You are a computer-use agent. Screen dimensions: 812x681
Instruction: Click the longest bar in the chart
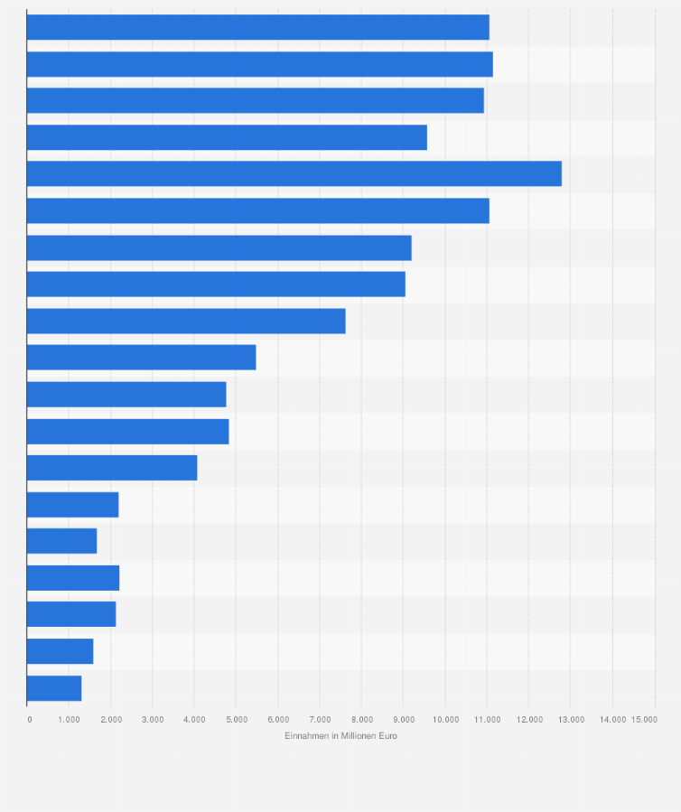pyautogui.click(x=294, y=173)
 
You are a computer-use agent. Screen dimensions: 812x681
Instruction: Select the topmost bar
pyautogui.click(x=257, y=27)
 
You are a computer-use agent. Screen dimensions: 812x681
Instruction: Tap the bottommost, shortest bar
pyautogui.click(x=54, y=688)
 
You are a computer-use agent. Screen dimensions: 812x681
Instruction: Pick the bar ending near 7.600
pyautogui.click(x=186, y=321)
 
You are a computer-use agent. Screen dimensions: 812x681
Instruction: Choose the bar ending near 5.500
pyautogui.click(x=141, y=358)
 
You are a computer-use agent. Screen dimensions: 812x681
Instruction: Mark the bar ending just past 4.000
pyautogui.click(x=112, y=468)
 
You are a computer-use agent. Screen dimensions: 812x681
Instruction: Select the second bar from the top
pyautogui.click(x=259, y=64)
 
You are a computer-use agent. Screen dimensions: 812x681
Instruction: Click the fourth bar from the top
pyautogui.click(x=227, y=137)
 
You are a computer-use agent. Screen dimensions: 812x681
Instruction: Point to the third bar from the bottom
pyautogui.click(x=71, y=614)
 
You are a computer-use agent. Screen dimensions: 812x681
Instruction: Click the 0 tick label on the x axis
pyautogui.click(x=30, y=719)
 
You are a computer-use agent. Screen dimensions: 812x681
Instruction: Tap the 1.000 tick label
pyautogui.click(x=69, y=719)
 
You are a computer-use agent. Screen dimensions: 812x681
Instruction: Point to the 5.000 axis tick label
pyautogui.click(x=236, y=719)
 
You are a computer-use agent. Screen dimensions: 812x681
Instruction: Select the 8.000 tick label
pyautogui.click(x=361, y=719)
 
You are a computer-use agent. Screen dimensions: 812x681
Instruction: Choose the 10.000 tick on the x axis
pyautogui.click(x=444, y=719)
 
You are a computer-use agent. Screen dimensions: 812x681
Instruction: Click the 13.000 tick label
pyautogui.click(x=571, y=719)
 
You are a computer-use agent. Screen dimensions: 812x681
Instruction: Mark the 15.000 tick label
pyautogui.click(x=644, y=719)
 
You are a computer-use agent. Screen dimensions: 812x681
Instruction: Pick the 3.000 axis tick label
pyautogui.click(x=152, y=719)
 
